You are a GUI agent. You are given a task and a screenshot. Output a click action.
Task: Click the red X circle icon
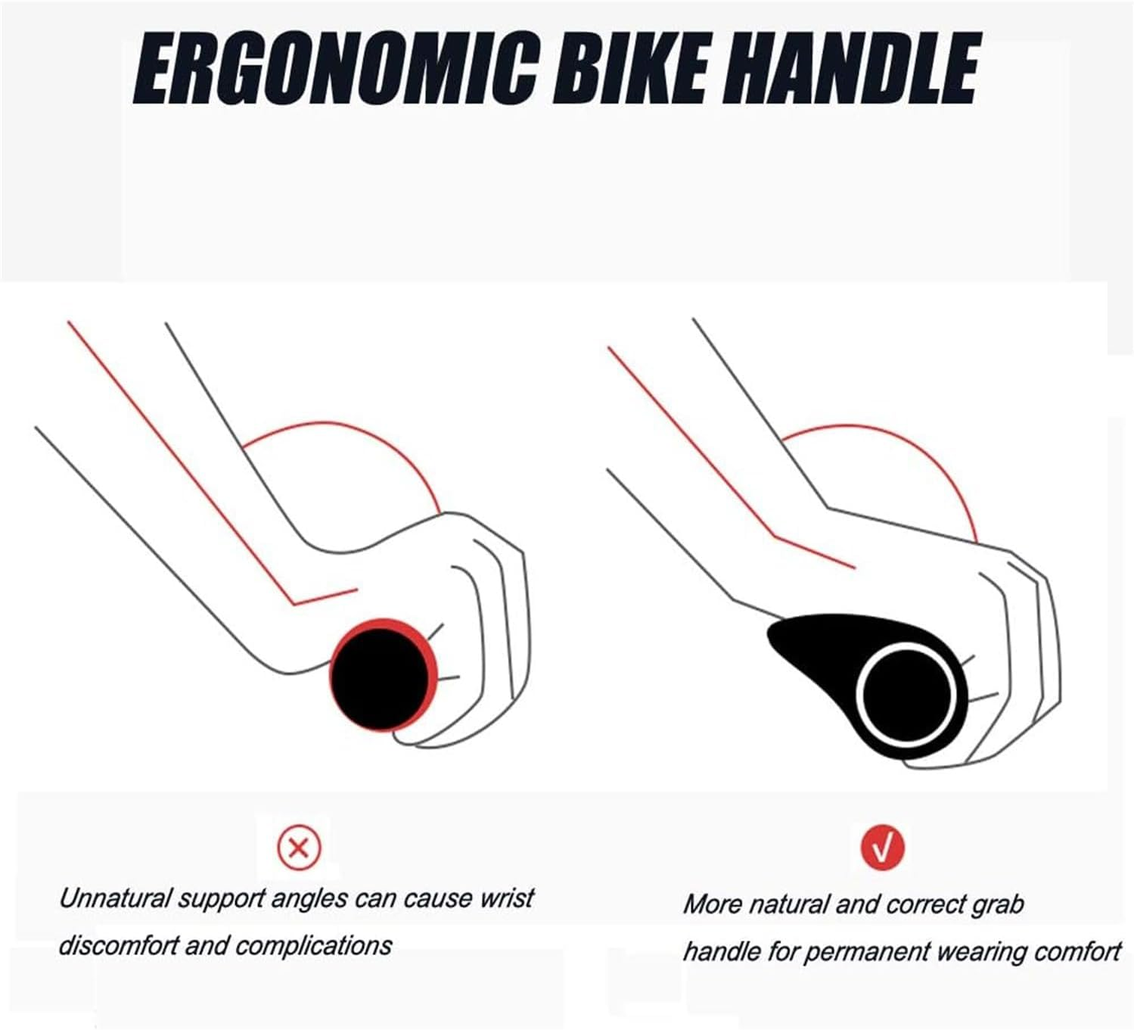pyautogui.click(x=299, y=848)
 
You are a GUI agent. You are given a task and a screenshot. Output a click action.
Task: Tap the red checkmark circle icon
pyautogui.click(x=882, y=848)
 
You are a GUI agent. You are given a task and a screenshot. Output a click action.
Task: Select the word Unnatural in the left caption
pyautogui.click(x=115, y=899)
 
